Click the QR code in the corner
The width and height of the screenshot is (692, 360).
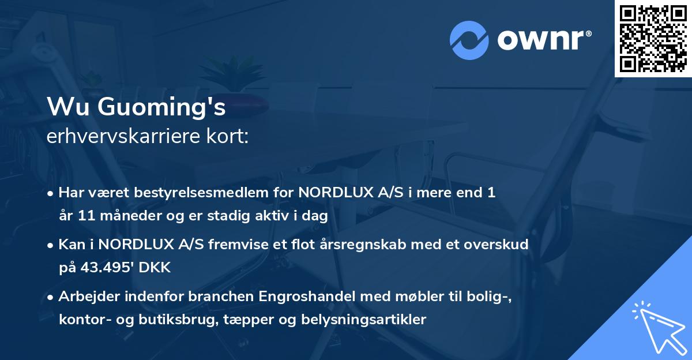(653, 38)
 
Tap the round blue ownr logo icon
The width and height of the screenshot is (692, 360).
(469, 40)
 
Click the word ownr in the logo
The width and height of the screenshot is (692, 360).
(540, 40)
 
